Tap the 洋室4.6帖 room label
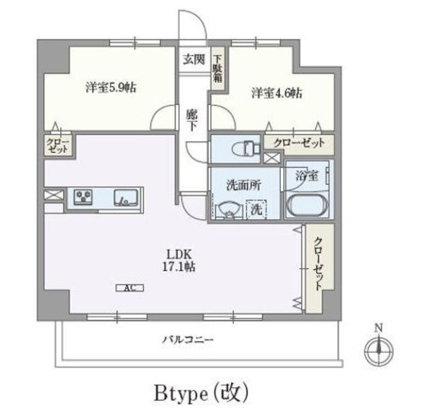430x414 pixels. [277, 93]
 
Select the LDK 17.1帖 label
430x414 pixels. [179, 260]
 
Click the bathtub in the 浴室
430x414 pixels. [306, 204]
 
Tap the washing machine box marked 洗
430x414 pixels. [256, 209]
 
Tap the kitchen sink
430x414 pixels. [125, 197]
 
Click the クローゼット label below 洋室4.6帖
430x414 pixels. [298, 142]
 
